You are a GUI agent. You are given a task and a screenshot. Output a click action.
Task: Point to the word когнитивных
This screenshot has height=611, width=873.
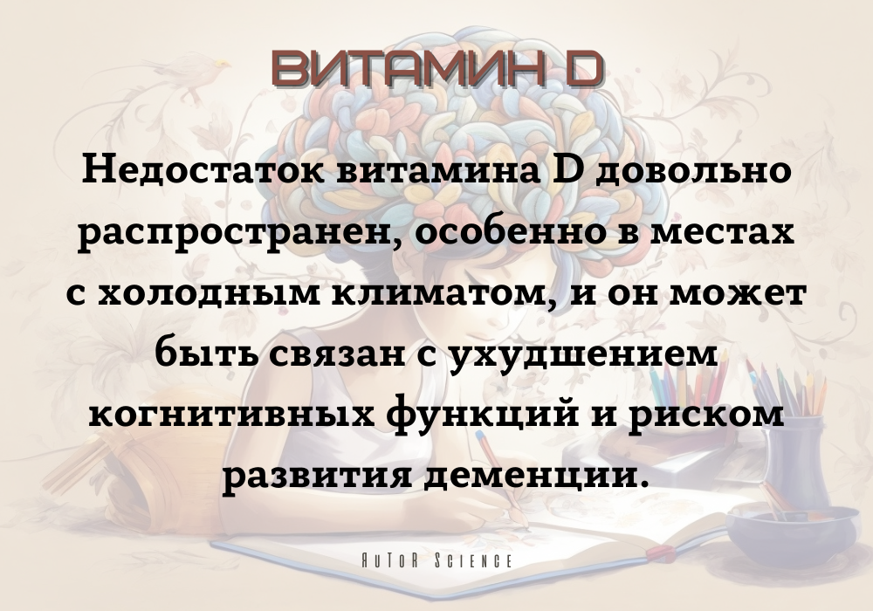pyautogui.click(x=231, y=415)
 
